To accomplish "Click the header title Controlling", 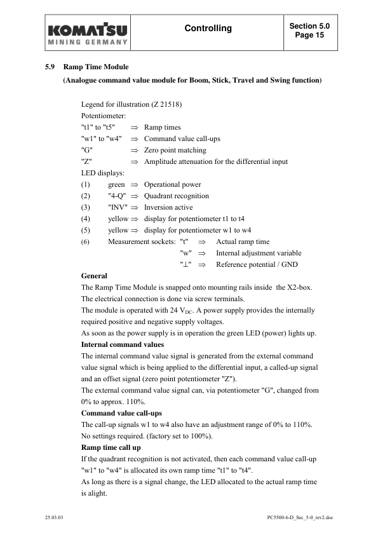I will pyautogui.click(x=208, y=29).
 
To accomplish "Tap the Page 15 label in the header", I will pyautogui.click(x=309, y=36).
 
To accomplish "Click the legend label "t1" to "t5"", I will pyautogui.click(x=98, y=128).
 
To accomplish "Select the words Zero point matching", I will pyautogui.click(x=175, y=151).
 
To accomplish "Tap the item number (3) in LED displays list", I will pyautogui.click(x=86, y=208).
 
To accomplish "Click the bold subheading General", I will pyautogui.click(x=94, y=276).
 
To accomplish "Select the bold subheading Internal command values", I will pyautogui.click(x=123, y=345).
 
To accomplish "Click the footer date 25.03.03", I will pyautogui.click(x=55, y=518).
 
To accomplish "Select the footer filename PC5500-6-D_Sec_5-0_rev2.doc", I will pyautogui.click(x=300, y=518).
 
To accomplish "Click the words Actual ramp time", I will pyautogui.click(x=243, y=242).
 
